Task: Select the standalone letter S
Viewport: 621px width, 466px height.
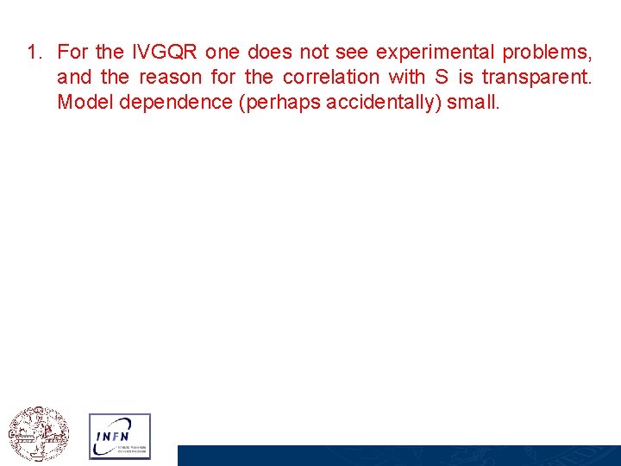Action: (439, 78)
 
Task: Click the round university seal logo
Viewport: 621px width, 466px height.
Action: (38, 434)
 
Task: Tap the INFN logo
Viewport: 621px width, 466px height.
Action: (119, 436)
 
